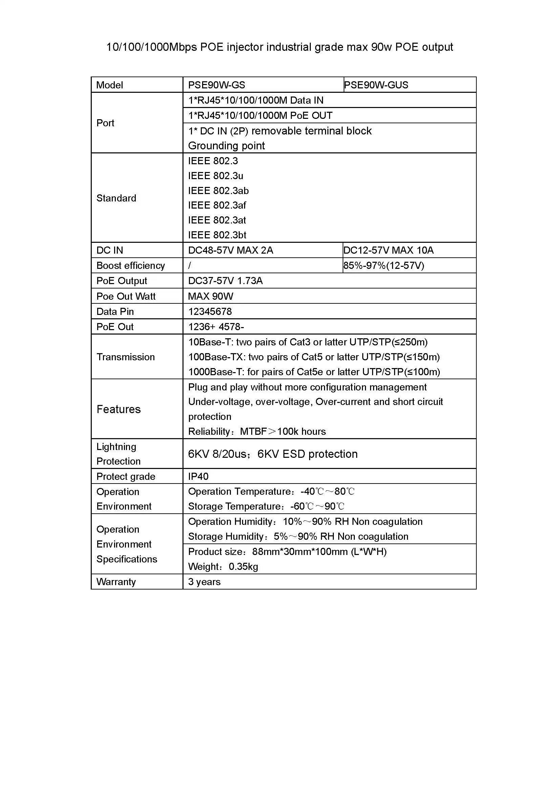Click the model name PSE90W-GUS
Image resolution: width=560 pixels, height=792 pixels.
coord(376,85)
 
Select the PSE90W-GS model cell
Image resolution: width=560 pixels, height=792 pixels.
coord(217,85)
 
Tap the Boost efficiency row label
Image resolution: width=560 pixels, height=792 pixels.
coord(131,265)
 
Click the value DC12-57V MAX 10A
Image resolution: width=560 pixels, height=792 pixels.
coord(388,250)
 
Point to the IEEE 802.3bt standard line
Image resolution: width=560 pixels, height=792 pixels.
coord(217,235)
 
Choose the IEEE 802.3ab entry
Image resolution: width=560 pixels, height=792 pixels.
coord(218,191)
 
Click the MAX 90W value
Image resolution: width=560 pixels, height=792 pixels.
coord(211,296)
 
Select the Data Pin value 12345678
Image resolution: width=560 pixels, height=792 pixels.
coord(210,312)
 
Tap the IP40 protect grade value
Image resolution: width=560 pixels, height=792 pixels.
coord(198,476)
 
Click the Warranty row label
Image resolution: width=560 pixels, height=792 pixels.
coord(116,582)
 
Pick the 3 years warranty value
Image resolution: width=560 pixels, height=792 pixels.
coord(204,582)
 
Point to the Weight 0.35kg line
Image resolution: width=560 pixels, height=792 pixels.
coord(223,567)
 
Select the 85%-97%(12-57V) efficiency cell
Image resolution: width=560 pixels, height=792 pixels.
coord(384,265)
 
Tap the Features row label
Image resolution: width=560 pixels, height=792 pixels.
coord(119,409)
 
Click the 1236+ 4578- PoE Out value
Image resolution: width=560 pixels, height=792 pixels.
coord(216,327)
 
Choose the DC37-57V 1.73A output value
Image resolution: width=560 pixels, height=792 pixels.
coord(225,281)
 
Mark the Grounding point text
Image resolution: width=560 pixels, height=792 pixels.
coord(227,146)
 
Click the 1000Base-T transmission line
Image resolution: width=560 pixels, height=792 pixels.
coord(314,372)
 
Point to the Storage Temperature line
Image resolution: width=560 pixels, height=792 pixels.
coord(266,506)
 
